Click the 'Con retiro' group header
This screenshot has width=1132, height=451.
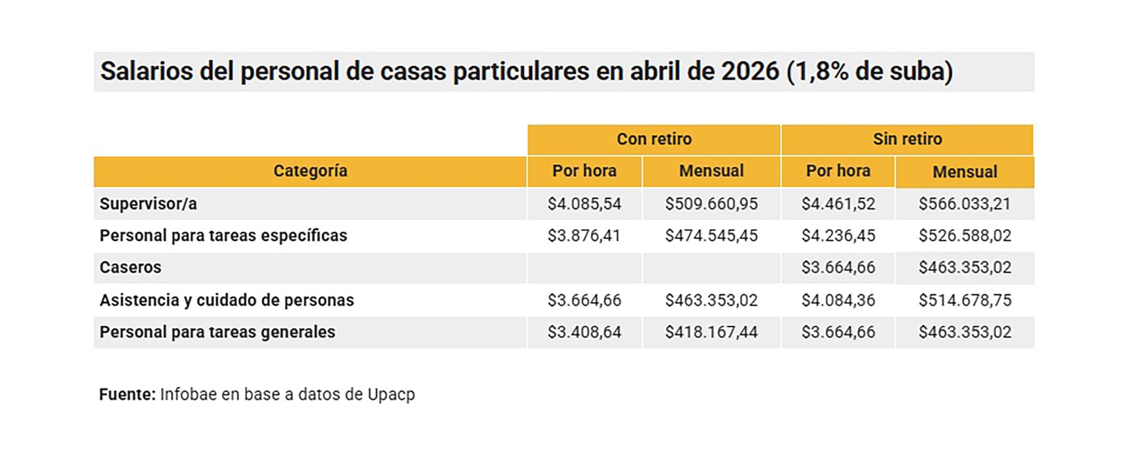(654, 139)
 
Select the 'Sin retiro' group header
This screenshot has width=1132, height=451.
(907, 139)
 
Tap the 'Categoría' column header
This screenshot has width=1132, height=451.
(310, 171)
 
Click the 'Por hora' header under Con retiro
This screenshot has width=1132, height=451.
(584, 171)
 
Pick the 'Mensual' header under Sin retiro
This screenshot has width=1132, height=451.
(965, 172)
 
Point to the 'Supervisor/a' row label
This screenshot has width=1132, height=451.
(148, 204)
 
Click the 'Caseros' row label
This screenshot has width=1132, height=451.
(130, 267)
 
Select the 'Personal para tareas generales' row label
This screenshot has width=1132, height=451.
(217, 332)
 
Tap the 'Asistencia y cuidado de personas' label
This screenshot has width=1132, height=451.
(226, 300)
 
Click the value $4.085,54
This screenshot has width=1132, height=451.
(584, 204)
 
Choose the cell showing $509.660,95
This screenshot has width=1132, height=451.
(712, 204)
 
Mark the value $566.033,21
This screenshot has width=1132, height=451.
(965, 204)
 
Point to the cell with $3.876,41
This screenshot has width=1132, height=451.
(584, 236)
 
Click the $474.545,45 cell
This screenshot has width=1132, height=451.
(712, 236)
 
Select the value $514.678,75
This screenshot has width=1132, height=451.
(965, 300)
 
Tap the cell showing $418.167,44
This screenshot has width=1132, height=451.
(712, 332)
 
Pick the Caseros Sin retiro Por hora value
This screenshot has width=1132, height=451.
(838, 267)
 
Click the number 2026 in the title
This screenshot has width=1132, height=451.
(750, 71)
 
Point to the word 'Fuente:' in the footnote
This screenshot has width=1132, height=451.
(127, 394)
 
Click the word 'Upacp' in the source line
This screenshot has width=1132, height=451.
(391, 395)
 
